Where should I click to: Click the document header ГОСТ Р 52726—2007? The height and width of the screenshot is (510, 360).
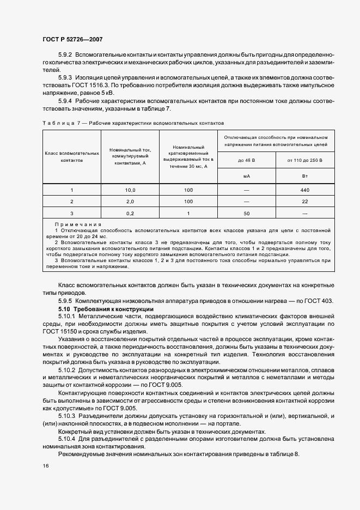[72, 39]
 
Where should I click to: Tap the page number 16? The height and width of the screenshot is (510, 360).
[45, 465]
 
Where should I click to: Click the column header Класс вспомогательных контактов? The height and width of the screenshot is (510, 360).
[72, 157]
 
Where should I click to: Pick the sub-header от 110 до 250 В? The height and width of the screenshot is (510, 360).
[304, 160]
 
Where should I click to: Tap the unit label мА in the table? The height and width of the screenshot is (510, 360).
[246, 176]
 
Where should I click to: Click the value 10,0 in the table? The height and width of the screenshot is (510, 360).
[130, 190]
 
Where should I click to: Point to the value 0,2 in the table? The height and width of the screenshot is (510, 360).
[130, 212]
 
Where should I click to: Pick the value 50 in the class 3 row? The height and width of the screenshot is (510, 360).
[246, 212]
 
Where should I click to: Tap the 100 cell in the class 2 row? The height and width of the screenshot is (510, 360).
[188, 201]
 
